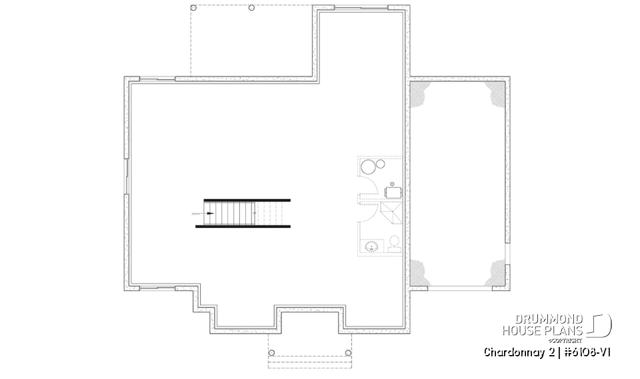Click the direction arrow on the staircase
pos(209,213)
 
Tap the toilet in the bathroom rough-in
pos(394,244)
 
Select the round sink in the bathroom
pos(371,246)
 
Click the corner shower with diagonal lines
pos(390,214)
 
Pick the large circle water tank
pos(367,167)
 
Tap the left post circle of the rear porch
pos(193,8)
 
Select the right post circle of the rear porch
pos(251,8)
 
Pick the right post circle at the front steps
pos(348,352)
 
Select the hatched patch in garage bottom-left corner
pos(419,272)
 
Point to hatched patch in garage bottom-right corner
pos(497,272)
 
